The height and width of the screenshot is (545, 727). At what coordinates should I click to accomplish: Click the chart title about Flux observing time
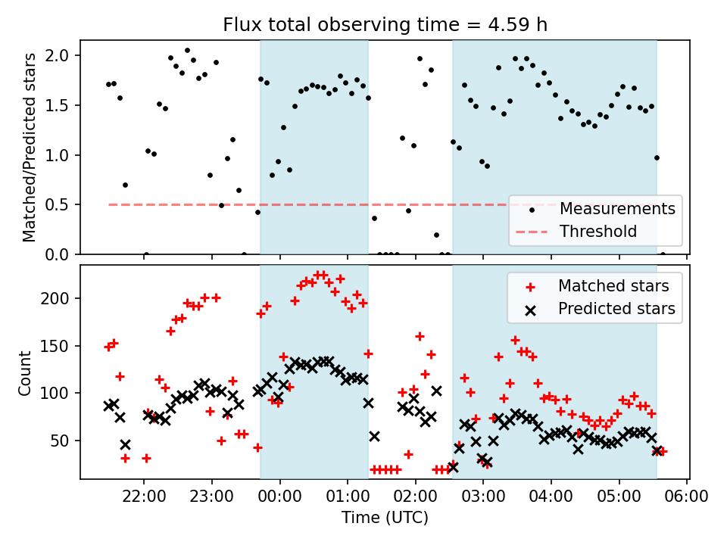click(385, 25)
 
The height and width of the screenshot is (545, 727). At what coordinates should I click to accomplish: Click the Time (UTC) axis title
click(385, 519)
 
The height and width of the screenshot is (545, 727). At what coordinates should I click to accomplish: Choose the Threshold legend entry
click(598, 231)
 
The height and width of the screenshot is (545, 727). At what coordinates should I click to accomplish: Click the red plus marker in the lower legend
click(531, 287)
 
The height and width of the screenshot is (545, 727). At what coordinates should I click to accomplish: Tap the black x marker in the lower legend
click(531, 309)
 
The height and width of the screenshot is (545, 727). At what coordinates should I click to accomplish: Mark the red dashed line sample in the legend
click(531, 232)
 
